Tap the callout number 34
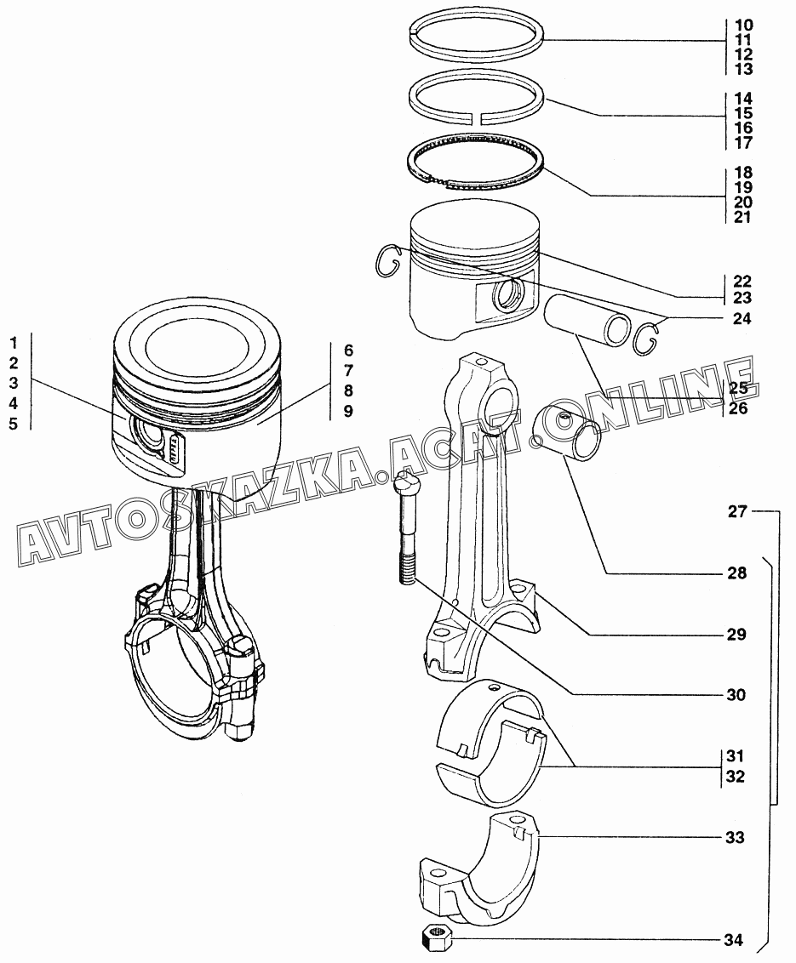point(733,940)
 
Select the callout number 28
point(737,573)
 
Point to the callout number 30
point(736,695)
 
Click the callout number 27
point(737,511)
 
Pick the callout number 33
point(736,837)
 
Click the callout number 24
point(742,318)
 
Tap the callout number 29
point(736,634)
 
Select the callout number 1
point(14,343)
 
